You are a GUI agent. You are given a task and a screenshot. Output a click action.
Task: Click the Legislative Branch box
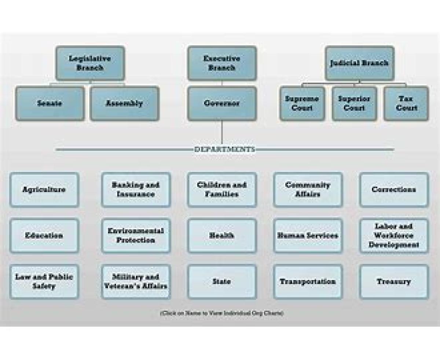point(90,63)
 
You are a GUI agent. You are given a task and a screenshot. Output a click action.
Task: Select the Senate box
point(50,103)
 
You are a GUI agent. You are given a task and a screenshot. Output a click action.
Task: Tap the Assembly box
point(124,103)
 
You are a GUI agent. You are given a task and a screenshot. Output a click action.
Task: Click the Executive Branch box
point(222,63)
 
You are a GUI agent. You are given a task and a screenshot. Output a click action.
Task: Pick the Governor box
point(222,103)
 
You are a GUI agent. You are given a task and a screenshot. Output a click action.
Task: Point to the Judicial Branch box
point(359,63)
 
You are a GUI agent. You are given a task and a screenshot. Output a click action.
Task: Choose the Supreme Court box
point(302,103)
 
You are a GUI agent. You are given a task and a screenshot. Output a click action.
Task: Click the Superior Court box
point(354,103)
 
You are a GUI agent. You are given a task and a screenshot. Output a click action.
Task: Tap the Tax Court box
point(406,103)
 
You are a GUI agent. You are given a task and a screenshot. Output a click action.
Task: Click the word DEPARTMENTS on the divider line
point(224,149)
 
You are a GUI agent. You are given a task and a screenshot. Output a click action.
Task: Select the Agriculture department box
point(44,190)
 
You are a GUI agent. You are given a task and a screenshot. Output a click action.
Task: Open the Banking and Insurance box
point(136,190)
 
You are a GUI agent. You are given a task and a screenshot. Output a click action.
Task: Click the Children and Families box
point(222,190)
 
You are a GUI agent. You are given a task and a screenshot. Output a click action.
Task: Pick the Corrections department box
point(394,190)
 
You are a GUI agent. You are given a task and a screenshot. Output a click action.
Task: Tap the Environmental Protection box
point(136,236)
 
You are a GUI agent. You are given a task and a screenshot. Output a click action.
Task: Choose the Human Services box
point(308,236)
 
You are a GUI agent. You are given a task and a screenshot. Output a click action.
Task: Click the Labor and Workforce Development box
point(394,236)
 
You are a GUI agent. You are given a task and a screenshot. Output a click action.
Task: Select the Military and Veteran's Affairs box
point(136,281)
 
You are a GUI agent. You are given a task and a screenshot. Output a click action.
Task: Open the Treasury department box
point(394,281)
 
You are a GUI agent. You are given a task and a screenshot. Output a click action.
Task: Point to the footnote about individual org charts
point(222,313)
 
